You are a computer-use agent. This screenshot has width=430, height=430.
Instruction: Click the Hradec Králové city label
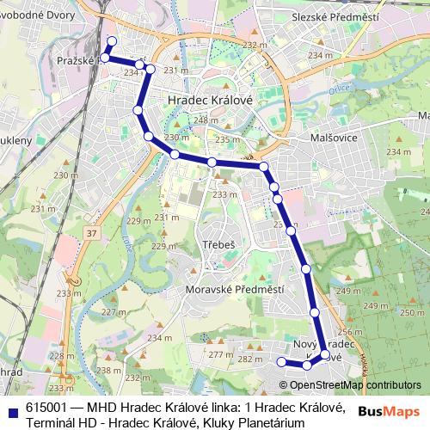(210, 101)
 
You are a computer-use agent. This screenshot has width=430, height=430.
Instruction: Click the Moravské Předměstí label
(235, 291)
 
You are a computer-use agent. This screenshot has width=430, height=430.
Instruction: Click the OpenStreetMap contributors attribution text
(354, 385)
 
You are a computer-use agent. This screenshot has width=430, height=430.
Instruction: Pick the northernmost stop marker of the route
(111, 41)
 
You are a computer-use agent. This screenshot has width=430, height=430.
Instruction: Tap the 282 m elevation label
(249, 359)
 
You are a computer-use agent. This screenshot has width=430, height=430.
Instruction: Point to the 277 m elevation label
(221, 354)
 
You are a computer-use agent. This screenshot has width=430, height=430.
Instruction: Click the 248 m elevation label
(206, 120)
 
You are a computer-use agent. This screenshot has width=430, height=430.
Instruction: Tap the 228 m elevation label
(59, 354)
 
